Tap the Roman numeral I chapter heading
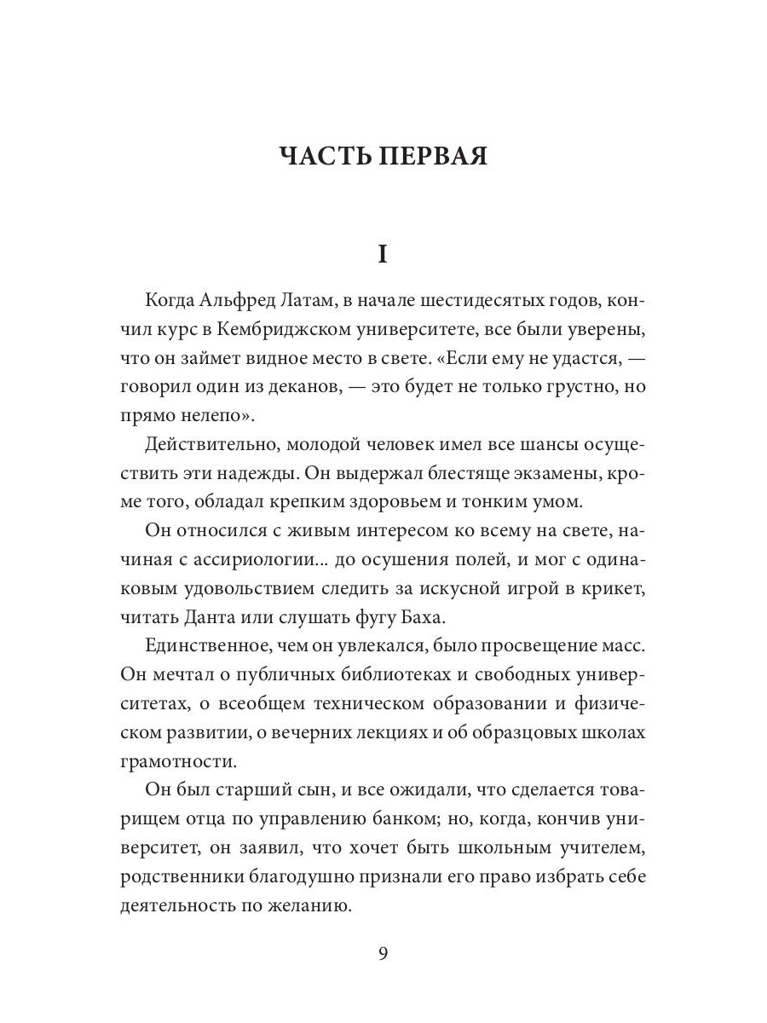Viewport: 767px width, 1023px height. click(x=383, y=255)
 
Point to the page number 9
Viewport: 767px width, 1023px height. click(x=383, y=953)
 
